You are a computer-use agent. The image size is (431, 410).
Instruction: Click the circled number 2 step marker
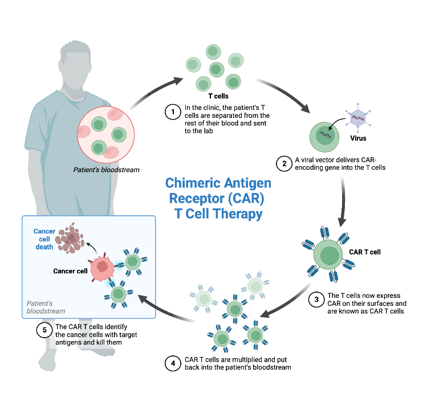click(x=283, y=163)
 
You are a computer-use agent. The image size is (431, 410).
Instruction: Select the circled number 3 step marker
click(x=315, y=300)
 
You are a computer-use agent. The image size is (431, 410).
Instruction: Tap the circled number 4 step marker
click(x=172, y=363)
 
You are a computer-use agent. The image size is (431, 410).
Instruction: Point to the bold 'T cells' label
click(x=218, y=96)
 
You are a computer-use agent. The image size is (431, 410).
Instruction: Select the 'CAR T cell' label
click(x=365, y=251)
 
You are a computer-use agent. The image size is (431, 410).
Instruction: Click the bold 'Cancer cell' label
click(x=70, y=271)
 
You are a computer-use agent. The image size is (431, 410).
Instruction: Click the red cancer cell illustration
click(x=103, y=267)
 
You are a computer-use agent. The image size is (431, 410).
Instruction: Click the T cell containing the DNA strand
click(x=323, y=137)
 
